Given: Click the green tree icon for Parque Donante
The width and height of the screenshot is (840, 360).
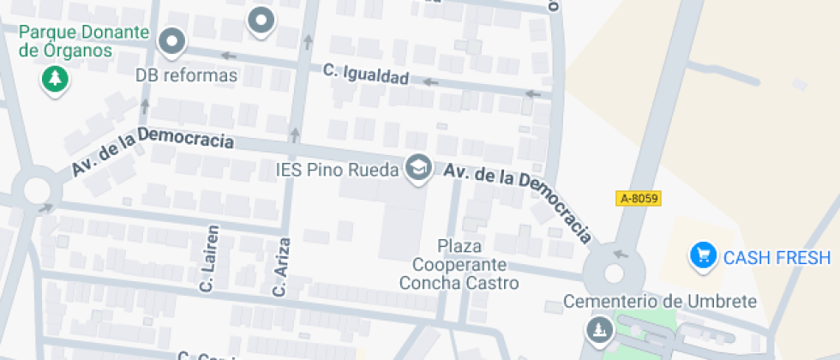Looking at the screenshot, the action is coord(56,81).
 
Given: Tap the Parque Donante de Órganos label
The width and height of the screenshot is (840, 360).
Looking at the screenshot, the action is coord(84,42).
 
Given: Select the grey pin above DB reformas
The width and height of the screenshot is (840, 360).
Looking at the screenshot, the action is coord(174,41).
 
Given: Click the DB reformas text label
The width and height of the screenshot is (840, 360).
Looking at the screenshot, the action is coord(186,75).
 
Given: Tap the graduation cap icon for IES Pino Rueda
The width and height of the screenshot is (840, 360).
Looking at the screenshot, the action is coord(419,167).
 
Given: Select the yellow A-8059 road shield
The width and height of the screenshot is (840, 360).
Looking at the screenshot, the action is coord(639,198).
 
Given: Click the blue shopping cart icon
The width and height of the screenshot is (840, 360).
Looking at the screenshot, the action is coord(704,255).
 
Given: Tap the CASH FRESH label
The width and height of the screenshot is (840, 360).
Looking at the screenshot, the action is coord(777,258).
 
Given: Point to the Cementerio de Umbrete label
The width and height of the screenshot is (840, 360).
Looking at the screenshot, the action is coord(660,302).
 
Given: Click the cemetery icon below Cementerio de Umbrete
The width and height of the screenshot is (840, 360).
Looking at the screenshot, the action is coord(597,328).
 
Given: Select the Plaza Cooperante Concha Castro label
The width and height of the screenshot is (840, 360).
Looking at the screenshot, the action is coord(459,264).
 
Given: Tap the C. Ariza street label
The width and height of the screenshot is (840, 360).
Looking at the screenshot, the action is coord(279,267).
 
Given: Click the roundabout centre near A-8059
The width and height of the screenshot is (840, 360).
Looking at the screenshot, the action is coord(614,273).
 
